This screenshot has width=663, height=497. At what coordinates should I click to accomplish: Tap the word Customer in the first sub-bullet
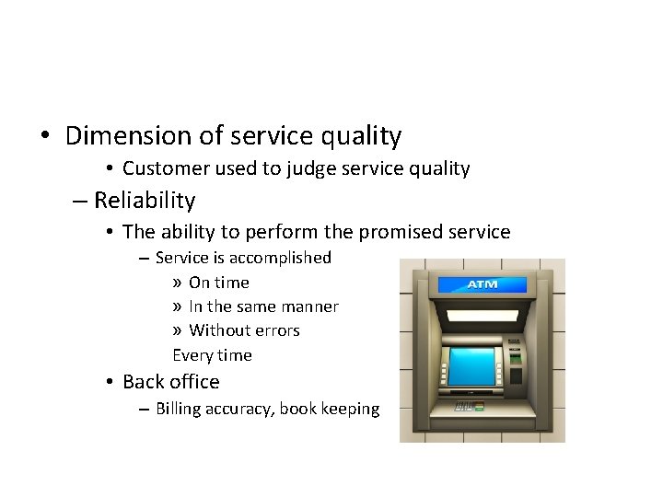coord(163,168)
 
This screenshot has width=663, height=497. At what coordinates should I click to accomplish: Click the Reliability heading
coord(145,200)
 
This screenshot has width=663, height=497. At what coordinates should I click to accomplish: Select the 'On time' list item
coord(218,283)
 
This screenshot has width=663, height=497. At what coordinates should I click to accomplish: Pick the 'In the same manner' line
coord(263,306)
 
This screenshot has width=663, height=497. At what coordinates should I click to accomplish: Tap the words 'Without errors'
coord(244,330)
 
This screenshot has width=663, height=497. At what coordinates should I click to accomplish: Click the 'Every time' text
coord(212,355)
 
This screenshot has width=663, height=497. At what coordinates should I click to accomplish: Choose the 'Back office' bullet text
coord(170,381)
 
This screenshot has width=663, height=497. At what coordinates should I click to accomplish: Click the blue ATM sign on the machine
coord(483,284)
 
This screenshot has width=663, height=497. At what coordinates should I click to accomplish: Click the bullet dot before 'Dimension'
coord(44,137)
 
